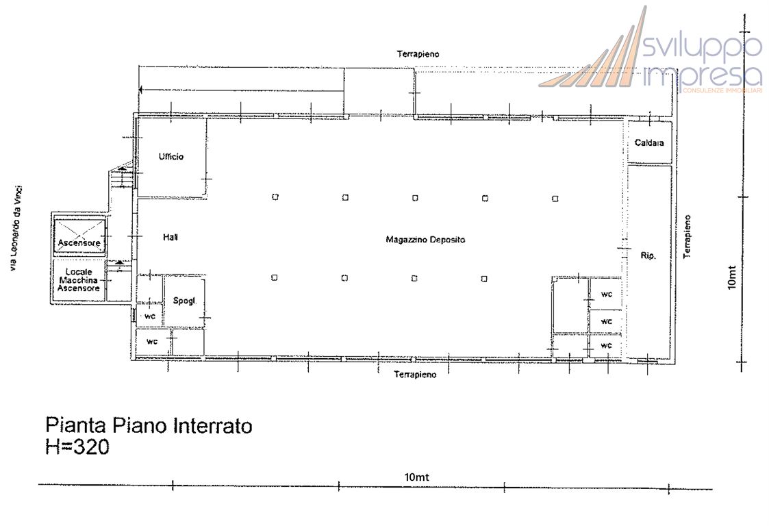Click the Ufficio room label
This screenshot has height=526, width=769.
(x=171, y=157)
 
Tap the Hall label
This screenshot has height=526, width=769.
(x=171, y=237)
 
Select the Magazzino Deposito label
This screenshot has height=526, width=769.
(x=425, y=240)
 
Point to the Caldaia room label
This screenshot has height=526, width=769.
(x=649, y=143)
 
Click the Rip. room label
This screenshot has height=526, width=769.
(x=648, y=255)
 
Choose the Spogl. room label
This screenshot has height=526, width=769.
(x=184, y=301)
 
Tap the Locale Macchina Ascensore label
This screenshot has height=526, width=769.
(x=79, y=280)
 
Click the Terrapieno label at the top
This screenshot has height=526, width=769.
(x=418, y=53)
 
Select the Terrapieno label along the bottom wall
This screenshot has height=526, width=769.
(x=415, y=375)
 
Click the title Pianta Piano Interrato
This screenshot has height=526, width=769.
(x=149, y=426)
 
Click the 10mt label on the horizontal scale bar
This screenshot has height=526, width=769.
(x=417, y=477)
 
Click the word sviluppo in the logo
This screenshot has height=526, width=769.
(x=703, y=47)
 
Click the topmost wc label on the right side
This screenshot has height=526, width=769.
(x=606, y=295)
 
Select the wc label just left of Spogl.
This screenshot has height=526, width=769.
(x=150, y=317)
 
